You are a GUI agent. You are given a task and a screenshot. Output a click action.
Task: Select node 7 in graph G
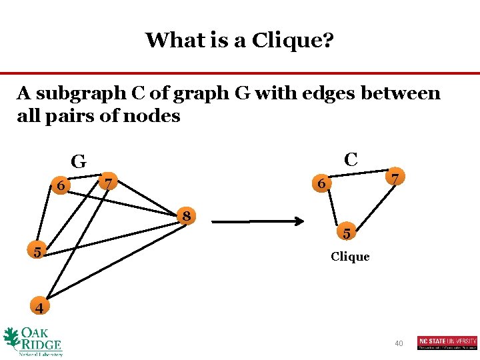(109, 181)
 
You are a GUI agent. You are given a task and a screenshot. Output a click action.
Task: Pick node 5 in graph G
(38, 251)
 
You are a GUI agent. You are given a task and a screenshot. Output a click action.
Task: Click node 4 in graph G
(39, 307)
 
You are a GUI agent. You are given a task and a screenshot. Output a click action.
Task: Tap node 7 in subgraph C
(395, 179)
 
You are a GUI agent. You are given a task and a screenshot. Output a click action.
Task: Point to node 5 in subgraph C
(346, 233)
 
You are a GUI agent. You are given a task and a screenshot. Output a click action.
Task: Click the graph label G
(79, 161)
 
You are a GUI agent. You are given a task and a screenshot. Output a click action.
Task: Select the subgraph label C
(351, 159)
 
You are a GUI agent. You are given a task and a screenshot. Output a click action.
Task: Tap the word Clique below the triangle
(350, 257)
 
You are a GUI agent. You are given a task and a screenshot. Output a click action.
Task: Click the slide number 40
(399, 343)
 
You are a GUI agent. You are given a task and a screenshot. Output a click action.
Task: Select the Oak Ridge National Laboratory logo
(33, 341)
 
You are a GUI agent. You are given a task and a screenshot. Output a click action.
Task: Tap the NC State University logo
(447, 342)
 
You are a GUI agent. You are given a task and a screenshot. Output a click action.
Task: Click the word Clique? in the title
(293, 40)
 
